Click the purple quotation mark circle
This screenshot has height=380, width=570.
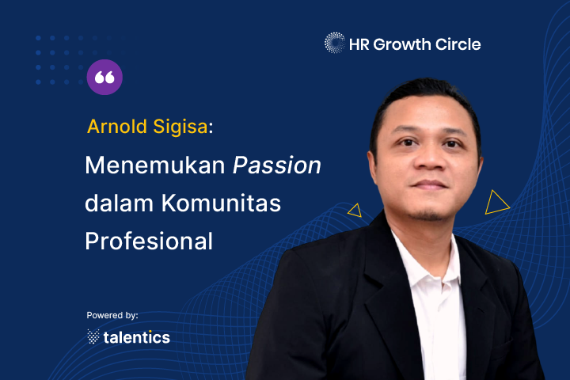[104, 77]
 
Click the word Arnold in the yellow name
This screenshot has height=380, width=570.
[117, 127]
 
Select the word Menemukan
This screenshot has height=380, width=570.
[155, 165]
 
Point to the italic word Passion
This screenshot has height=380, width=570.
[277, 165]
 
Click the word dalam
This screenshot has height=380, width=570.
[120, 203]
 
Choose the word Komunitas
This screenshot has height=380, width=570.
[222, 203]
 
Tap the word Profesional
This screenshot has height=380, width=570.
[149, 241]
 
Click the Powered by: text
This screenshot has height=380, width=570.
[112, 315]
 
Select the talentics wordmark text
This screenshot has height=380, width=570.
[137, 337]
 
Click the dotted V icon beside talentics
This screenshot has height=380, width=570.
[93, 336]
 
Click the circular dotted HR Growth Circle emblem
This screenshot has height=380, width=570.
[334, 43]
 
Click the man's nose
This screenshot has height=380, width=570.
[429, 157]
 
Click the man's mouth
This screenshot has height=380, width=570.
[430, 184]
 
